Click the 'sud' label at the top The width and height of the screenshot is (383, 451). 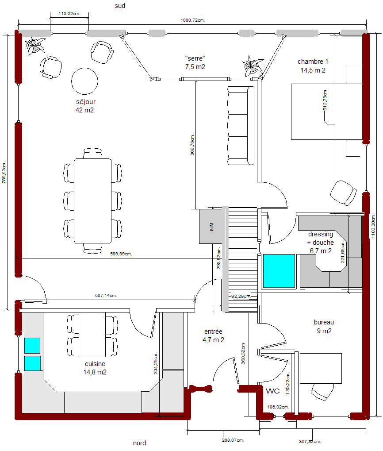[120, 6]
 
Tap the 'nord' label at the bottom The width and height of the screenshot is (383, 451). [139, 443]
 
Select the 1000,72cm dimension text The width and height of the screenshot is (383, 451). [193, 20]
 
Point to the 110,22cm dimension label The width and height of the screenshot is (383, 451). [69, 14]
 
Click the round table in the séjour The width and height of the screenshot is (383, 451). [85, 81]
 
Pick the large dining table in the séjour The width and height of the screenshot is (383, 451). [92, 201]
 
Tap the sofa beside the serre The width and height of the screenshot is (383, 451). [241, 126]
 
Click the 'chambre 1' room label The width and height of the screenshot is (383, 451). [313, 62]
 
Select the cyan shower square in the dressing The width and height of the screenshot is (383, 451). [279, 271]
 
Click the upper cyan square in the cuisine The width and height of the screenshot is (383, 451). [32, 345]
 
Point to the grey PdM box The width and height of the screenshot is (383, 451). [211, 226]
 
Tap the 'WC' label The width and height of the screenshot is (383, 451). [273, 391]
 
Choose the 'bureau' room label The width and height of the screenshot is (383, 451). [324, 322]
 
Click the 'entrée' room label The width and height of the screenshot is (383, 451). [213, 332]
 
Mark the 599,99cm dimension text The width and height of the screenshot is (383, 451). [121, 254]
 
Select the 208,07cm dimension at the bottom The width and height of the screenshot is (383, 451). [233, 440]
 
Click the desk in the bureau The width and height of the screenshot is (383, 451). [321, 368]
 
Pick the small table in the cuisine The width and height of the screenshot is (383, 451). [92, 335]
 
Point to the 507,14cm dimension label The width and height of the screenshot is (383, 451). [106, 295]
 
